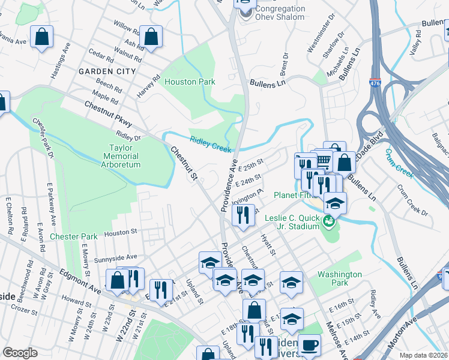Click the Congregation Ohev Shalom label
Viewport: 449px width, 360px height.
(x=279, y=13)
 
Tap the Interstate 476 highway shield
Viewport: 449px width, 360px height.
(x=376, y=83)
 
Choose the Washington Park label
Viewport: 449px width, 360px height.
(x=340, y=278)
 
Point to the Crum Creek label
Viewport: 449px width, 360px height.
(x=399, y=163)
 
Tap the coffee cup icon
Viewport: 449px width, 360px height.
(x=310, y=345)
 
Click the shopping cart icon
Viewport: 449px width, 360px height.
(x=323, y=160)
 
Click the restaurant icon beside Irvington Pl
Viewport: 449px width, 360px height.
(x=243, y=214)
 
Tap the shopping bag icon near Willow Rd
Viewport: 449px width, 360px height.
(x=151, y=35)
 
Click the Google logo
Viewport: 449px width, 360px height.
(x=20, y=353)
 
